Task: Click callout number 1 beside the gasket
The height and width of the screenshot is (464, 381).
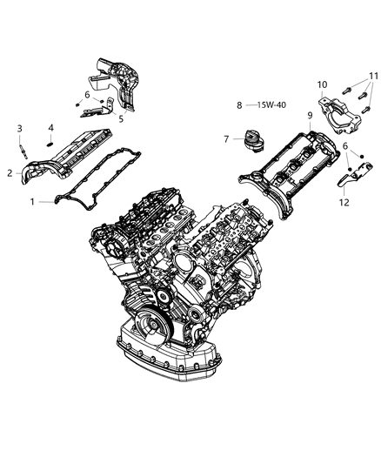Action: pyautogui.click(x=33, y=201)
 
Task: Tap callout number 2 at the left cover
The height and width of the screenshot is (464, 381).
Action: pyautogui.click(x=9, y=172)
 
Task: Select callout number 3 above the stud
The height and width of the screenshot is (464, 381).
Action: pyautogui.click(x=19, y=129)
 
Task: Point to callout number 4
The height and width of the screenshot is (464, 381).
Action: pyautogui.click(x=51, y=128)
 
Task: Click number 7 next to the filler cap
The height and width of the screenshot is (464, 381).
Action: pyautogui.click(x=224, y=138)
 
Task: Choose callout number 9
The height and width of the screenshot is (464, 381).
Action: pyautogui.click(x=309, y=116)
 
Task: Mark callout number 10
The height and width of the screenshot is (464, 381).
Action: pyautogui.click(x=321, y=84)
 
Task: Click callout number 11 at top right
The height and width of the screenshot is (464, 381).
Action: pyautogui.click(x=372, y=77)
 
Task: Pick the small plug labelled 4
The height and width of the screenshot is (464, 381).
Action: pyautogui.click(x=51, y=141)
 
